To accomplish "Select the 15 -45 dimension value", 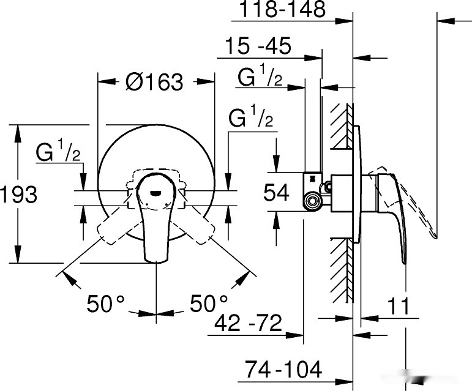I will click(x=257, y=47).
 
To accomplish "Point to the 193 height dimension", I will click(x=19, y=195).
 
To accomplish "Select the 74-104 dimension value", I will click(x=283, y=369).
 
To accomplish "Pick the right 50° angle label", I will click(x=208, y=303).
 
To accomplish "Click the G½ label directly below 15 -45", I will click(x=260, y=78).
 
